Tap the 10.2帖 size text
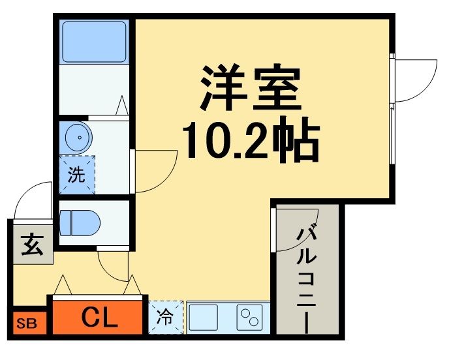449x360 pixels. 250,140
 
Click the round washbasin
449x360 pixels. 79,138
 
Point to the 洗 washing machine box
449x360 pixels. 77,175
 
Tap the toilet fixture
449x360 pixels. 80,222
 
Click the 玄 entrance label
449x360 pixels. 31,247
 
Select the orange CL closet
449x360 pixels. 97,318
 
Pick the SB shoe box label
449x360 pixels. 27,323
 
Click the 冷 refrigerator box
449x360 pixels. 165,318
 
